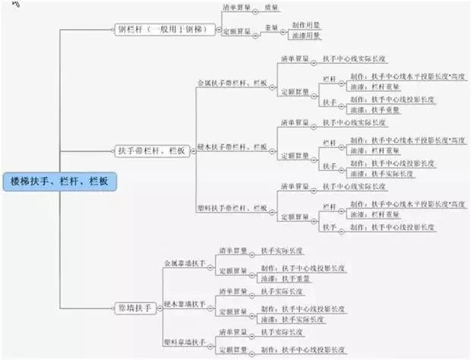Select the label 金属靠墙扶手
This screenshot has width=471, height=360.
click(185, 264)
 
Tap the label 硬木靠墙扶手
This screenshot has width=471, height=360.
click(185, 305)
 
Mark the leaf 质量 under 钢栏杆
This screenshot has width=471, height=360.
click(271, 8)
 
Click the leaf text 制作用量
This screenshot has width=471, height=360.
click(304, 24)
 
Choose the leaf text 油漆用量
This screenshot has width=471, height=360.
click(304, 35)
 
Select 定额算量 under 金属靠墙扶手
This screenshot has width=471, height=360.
click(232, 271)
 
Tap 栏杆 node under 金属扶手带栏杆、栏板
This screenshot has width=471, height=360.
click(329, 79)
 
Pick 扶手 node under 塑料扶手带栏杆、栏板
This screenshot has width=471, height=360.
click(329, 226)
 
